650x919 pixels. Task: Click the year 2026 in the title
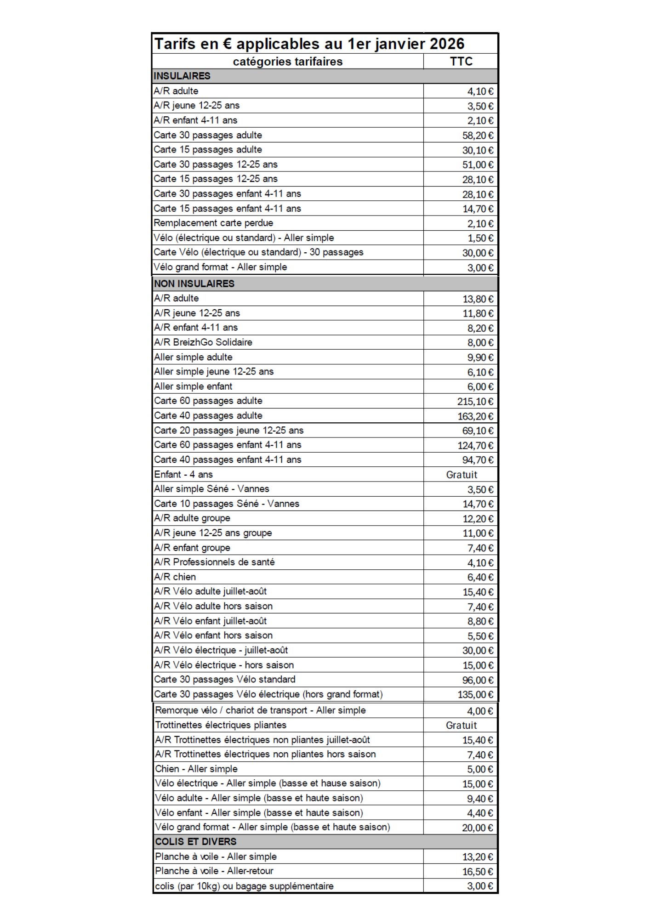click(x=447, y=44)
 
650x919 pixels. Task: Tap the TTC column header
click(x=461, y=62)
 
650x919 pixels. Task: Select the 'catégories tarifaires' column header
click(x=288, y=62)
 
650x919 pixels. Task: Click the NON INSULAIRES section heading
click(x=194, y=284)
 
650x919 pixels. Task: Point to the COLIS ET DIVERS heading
click(x=196, y=842)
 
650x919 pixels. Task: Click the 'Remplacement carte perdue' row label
click(x=213, y=223)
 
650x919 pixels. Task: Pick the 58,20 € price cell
click(x=478, y=136)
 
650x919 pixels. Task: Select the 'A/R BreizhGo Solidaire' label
click(x=203, y=342)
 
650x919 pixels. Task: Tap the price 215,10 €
click(x=475, y=402)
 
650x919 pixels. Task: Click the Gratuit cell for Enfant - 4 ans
click(x=462, y=475)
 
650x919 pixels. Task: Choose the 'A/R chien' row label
click(x=175, y=577)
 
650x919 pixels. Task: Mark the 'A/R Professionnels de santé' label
click(x=214, y=562)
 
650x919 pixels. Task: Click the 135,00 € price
click(x=475, y=695)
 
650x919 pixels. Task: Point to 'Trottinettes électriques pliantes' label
click(x=221, y=726)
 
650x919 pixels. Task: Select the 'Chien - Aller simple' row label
click(x=196, y=769)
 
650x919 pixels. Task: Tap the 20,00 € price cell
click(x=477, y=828)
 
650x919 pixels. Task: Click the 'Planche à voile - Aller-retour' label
click(x=214, y=871)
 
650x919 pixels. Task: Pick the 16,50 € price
click(x=477, y=872)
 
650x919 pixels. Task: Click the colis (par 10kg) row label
click(x=244, y=886)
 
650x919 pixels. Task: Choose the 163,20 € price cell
click(x=475, y=416)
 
